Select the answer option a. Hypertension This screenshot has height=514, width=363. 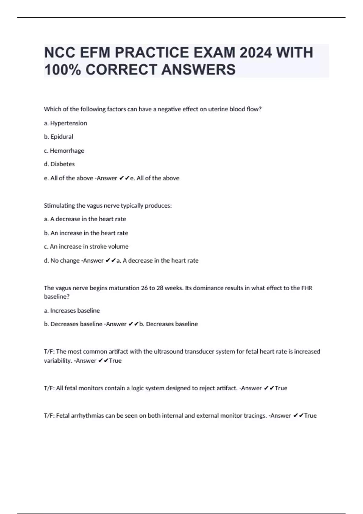65,123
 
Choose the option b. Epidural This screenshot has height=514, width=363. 58,137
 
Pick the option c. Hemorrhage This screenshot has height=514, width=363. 64,151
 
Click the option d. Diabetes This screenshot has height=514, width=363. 59,164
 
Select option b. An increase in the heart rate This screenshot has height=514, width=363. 86,233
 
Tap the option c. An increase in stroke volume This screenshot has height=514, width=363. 86,247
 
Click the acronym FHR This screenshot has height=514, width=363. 307,288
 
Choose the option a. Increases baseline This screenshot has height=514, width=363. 72,311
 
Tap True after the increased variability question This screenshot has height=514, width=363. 115,361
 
